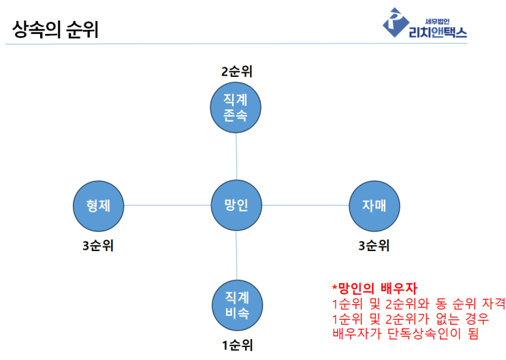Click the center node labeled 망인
(x=236, y=205)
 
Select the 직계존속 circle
(x=236, y=108)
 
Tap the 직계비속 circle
(x=237, y=305)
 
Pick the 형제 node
(x=99, y=206)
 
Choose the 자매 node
(x=375, y=206)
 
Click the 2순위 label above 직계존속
(x=236, y=71)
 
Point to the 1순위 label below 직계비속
(x=237, y=346)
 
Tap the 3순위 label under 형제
(x=98, y=246)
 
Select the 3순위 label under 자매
(x=374, y=246)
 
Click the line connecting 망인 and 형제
(x=168, y=205)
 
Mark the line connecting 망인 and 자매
(x=306, y=205)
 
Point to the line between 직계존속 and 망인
(x=236, y=157)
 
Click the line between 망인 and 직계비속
(x=236, y=255)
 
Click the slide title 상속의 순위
(x=55, y=29)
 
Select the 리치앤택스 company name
(x=438, y=32)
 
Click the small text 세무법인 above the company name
(x=437, y=21)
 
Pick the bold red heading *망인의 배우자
(x=375, y=288)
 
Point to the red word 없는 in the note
(x=447, y=318)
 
